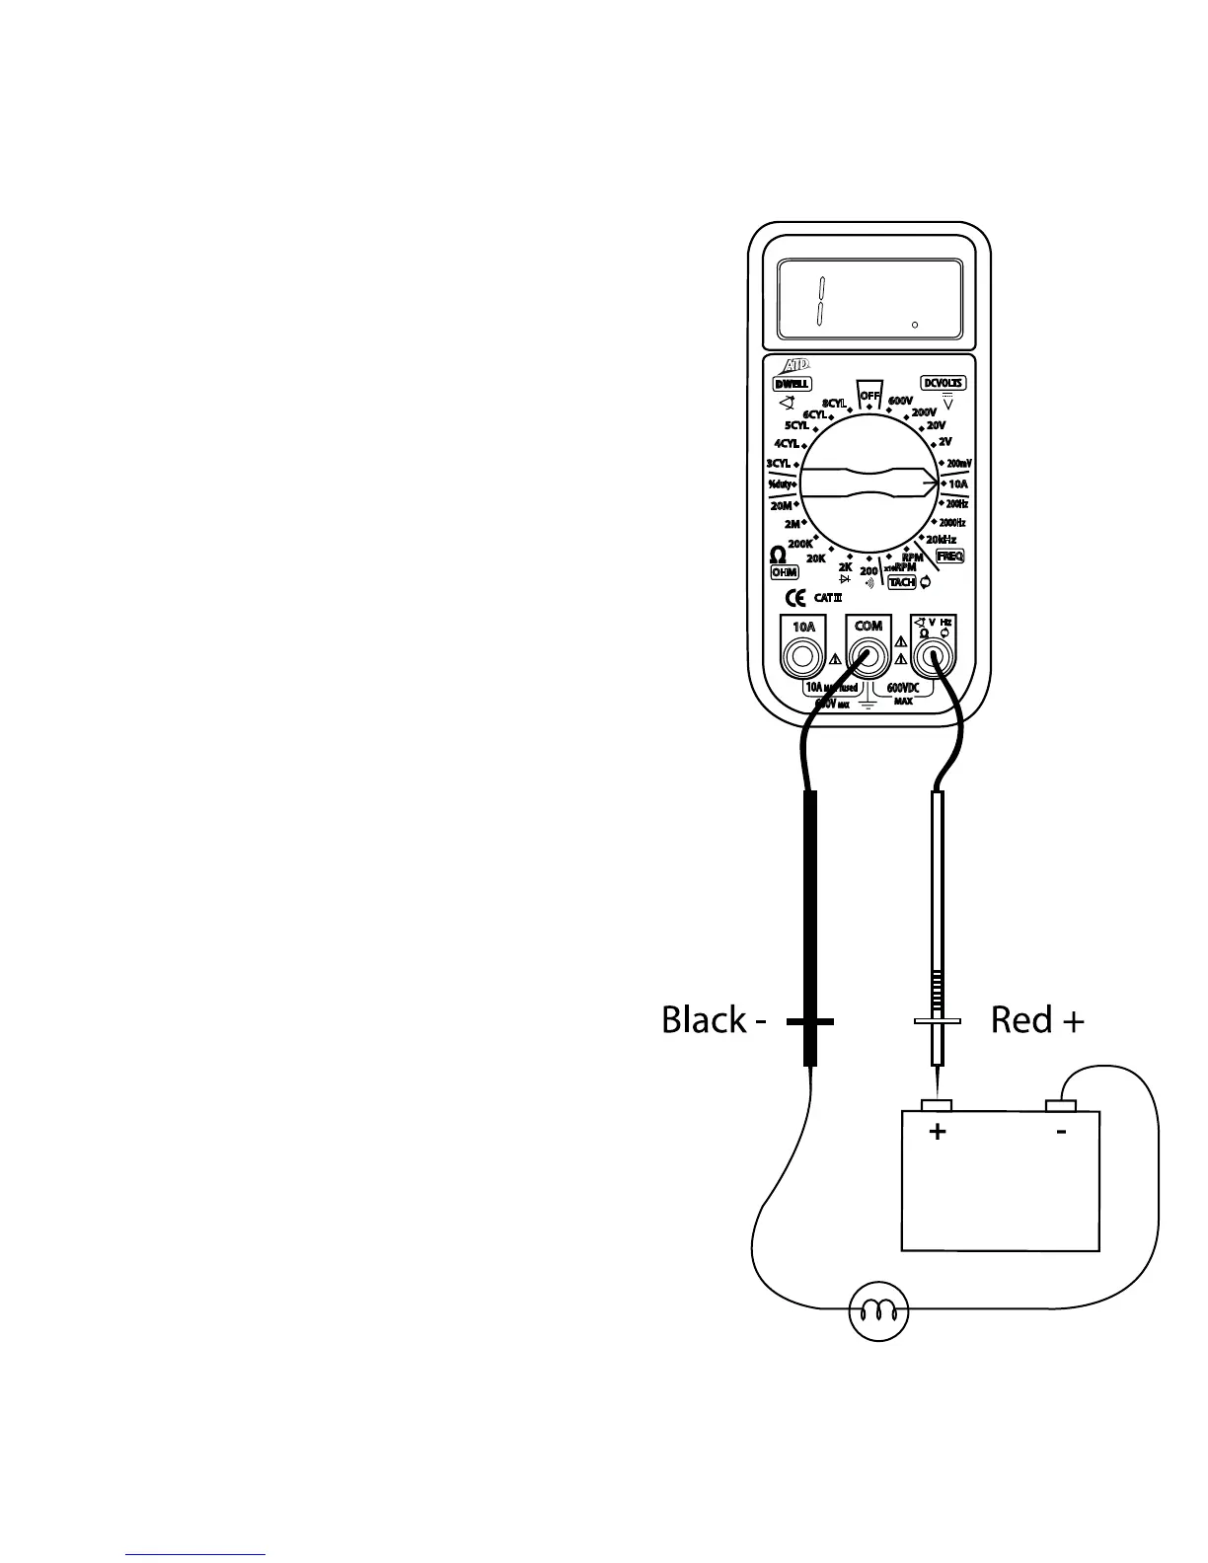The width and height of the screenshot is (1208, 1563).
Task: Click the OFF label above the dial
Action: click(869, 396)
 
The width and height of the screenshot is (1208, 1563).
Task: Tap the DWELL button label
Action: click(792, 384)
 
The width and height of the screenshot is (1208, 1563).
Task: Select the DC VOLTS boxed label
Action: click(944, 383)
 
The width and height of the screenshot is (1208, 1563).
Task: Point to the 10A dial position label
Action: click(958, 484)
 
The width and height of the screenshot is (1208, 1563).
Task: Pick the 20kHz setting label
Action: click(941, 540)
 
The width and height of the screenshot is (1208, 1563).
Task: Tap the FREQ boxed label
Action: click(949, 557)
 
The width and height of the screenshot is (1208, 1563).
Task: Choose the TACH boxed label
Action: click(902, 582)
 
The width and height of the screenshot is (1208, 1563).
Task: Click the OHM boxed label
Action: click(785, 572)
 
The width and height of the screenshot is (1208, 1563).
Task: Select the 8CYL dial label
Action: click(833, 404)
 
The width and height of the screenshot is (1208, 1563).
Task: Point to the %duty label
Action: click(780, 484)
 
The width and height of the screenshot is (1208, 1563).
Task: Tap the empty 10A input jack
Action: click(803, 656)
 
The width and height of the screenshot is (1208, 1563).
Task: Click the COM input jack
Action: click(868, 656)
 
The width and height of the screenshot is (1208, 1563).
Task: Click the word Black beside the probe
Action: click(704, 1020)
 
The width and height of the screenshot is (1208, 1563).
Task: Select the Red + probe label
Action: click(1037, 1020)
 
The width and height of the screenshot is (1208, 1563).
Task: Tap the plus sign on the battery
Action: click(938, 1132)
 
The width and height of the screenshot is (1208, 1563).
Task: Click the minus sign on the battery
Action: click(1061, 1132)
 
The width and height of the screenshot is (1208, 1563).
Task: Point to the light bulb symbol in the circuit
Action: click(878, 1311)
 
